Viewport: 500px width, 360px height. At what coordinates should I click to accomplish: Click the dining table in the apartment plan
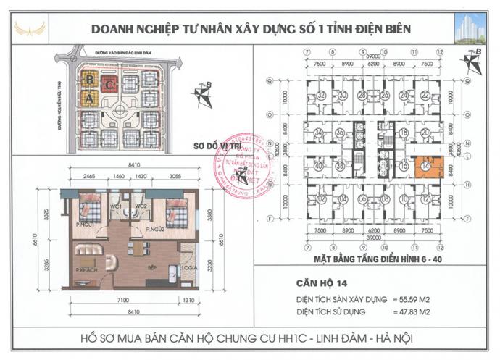pos(136,248)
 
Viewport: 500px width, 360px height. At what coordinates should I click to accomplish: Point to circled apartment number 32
pos(321,95)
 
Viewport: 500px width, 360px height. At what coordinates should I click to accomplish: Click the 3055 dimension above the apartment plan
pos(176,176)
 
